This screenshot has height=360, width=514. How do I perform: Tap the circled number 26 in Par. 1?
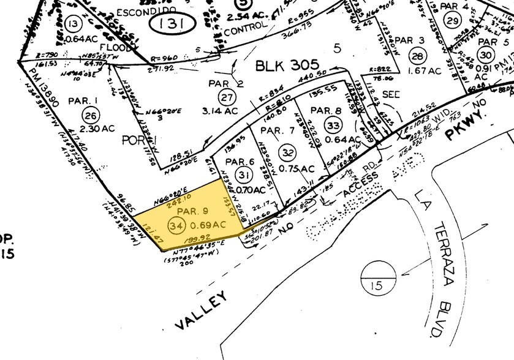[x=91, y=114]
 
